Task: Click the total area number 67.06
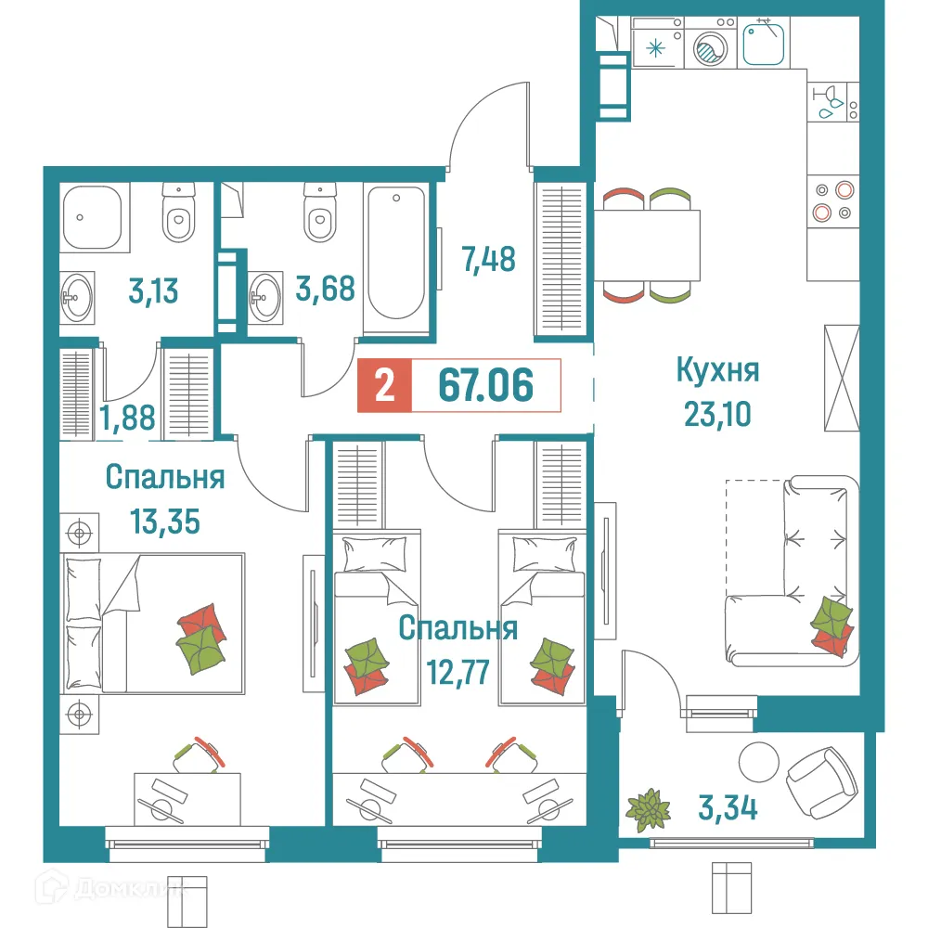(x=485, y=385)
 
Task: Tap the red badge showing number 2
(x=380, y=385)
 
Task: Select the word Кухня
(x=717, y=371)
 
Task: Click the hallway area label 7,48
(x=488, y=259)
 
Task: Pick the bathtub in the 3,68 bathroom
(x=396, y=251)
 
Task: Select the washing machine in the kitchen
(x=712, y=44)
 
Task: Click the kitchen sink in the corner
(x=766, y=42)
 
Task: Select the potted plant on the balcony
(x=648, y=806)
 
